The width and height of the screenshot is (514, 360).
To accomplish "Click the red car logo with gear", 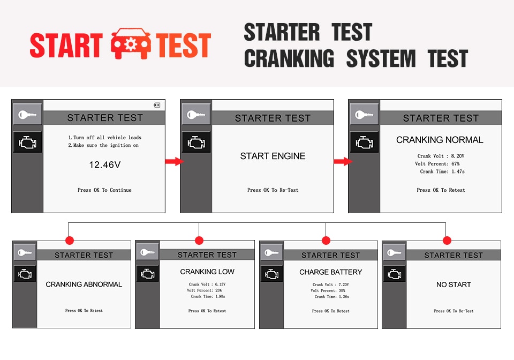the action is pos(131,43).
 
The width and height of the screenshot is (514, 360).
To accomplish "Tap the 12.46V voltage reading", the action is pos(105,164).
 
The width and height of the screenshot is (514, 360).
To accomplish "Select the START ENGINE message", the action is pos(273,156).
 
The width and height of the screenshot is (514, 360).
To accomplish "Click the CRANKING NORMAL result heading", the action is pos(440,140).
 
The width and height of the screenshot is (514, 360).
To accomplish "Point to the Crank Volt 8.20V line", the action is pos(441,156).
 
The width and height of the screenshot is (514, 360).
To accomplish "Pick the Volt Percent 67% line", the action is pos(437,163).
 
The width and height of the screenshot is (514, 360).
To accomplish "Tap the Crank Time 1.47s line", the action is pos(442,171).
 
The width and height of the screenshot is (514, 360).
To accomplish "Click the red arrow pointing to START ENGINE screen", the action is pos(174,161).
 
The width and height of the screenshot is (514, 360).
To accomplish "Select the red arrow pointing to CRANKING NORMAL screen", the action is pos(343,161).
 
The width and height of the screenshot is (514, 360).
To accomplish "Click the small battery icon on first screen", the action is pos(157,105).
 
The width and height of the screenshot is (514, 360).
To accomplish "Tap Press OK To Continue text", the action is pos(104,190).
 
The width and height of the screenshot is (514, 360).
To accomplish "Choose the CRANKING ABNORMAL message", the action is pos(84,284).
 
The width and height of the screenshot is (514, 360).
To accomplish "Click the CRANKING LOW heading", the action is pos(207,272).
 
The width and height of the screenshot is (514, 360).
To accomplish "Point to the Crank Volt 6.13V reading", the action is pos(207,284).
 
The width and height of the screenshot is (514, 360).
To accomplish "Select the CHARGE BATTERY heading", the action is pos(331,272).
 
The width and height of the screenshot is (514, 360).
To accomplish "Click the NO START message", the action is pos(453,284).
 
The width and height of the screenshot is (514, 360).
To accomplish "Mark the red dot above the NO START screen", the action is pos(447,241).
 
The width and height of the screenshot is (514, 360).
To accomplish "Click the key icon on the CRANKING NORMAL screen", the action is pos(364,115).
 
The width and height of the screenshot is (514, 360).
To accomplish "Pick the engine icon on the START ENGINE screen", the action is pos(196,142).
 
